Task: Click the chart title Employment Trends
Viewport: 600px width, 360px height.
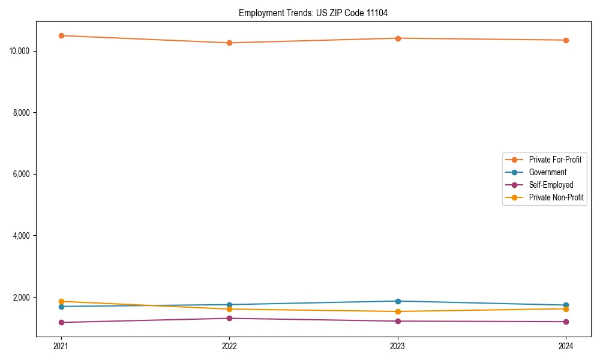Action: pos(313,13)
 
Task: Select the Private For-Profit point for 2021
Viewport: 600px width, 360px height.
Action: pos(61,35)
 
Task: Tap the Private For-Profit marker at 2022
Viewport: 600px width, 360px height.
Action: pos(229,43)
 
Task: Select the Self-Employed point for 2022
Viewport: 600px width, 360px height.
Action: pos(229,318)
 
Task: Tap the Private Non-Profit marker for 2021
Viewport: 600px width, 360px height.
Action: pos(61,301)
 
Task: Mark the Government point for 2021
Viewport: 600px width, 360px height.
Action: pos(61,307)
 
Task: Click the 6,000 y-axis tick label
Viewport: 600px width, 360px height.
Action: pos(22,174)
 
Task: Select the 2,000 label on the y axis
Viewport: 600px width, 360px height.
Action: pos(22,298)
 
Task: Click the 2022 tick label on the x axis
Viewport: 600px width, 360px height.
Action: pos(229,346)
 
